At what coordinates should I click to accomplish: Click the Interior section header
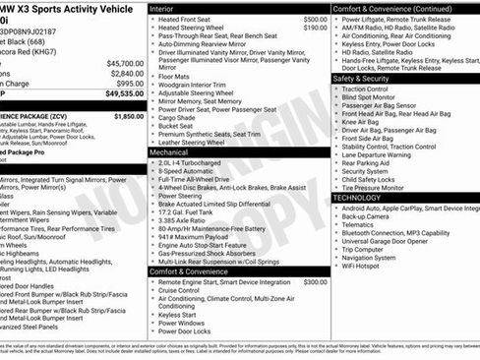point(167,7)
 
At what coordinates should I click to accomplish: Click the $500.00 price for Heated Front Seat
point(315,19)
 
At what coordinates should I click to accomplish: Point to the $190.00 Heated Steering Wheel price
point(315,28)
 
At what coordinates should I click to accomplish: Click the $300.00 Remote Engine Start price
point(315,281)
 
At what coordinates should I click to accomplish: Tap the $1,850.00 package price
point(128,116)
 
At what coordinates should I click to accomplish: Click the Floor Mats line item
point(173,75)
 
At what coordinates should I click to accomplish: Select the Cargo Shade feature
point(179,116)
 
